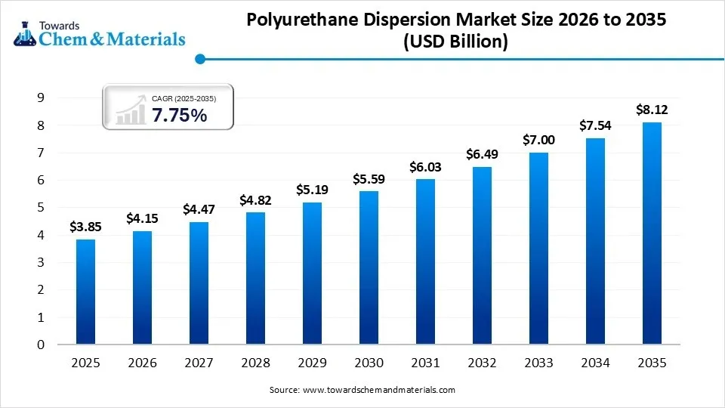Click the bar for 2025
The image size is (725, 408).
[85, 292]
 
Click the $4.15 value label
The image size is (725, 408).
[142, 218]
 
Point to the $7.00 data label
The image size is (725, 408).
[538, 140]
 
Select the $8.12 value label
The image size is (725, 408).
[651, 110]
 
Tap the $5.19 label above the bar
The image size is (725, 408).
[312, 190]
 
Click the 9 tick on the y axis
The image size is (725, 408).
[40, 97]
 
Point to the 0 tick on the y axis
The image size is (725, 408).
[40, 345]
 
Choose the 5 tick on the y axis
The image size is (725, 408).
[40, 208]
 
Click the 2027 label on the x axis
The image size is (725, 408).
[199, 363]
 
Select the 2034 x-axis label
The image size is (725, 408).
[595, 363]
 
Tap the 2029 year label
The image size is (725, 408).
[312, 363]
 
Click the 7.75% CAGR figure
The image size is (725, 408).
[179, 115]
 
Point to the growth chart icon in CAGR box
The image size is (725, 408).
[130, 110]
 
